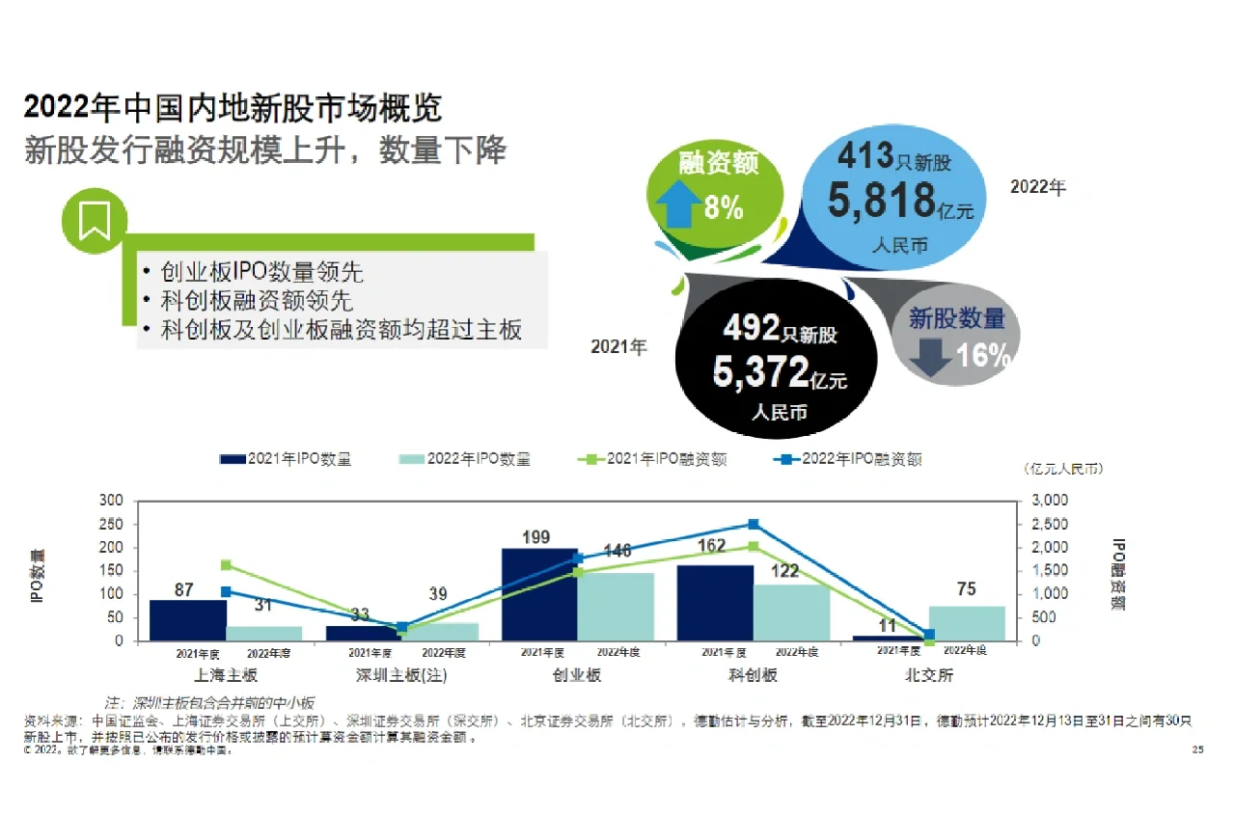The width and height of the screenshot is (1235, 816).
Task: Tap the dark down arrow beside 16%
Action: (x=931, y=355)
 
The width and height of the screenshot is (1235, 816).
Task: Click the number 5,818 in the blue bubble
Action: (x=881, y=201)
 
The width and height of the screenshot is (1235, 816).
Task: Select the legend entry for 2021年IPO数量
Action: (x=286, y=459)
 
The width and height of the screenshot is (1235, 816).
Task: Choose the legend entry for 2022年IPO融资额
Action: (x=848, y=459)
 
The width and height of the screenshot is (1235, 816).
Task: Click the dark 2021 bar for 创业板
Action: (x=539, y=594)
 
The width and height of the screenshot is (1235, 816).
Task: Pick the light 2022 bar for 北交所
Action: (x=967, y=623)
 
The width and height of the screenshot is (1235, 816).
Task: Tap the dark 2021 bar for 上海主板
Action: (x=187, y=620)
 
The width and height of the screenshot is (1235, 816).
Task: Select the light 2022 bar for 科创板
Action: (x=791, y=612)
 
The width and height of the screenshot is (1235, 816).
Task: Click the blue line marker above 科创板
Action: (x=754, y=525)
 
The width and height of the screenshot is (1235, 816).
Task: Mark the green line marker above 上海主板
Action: (x=226, y=565)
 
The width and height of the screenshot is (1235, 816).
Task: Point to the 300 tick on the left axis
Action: (x=112, y=501)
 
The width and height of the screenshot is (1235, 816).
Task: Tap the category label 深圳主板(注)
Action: (x=401, y=675)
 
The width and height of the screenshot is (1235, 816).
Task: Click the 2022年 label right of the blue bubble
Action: (x=1038, y=187)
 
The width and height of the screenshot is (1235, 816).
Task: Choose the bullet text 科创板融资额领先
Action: (x=257, y=300)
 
